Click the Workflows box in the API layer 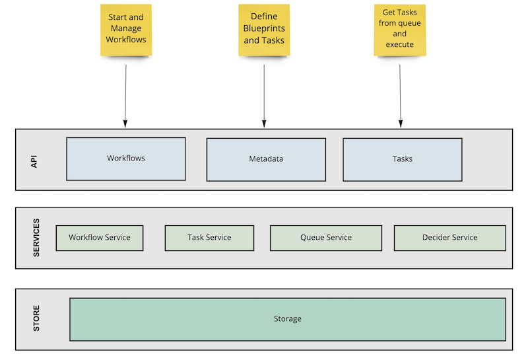click(125, 159)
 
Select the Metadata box click(266, 159)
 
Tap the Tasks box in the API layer click(402, 159)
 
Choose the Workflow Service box click(100, 238)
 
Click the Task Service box click(209, 238)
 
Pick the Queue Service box click(326, 238)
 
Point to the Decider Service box click(449, 238)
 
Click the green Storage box click(288, 319)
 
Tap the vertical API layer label click(35, 161)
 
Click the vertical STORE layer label click(36, 318)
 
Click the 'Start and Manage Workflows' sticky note click(125, 30)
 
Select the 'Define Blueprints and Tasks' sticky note click(264, 30)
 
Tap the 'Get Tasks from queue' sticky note click(400, 30)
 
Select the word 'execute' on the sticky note click(400, 44)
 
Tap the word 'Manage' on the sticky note click(125, 28)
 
